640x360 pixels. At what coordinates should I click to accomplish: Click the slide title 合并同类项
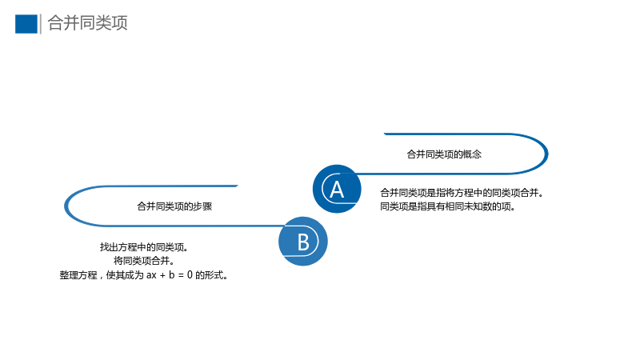[x=88, y=23]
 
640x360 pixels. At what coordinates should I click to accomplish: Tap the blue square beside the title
[x=26, y=24]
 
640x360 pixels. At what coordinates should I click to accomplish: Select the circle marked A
[x=337, y=189]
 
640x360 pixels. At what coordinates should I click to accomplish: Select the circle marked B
[x=303, y=242]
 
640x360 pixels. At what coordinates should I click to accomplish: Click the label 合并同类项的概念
[x=444, y=154]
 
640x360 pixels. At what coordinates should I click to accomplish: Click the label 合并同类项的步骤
[x=174, y=206]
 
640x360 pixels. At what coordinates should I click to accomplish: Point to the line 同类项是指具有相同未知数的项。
[x=448, y=206]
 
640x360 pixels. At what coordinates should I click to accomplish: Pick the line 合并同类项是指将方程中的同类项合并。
[x=462, y=193]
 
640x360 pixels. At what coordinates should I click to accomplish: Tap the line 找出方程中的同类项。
[x=144, y=247]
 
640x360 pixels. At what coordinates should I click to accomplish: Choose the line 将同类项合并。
[x=144, y=261]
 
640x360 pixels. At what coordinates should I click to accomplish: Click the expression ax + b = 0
[x=170, y=275]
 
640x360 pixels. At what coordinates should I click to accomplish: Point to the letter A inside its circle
[x=337, y=190]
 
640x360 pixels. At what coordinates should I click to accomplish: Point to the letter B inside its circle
[x=303, y=242]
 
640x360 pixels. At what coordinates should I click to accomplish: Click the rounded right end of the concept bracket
[x=546, y=154]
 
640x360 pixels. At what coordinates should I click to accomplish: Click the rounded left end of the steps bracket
[x=66, y=206]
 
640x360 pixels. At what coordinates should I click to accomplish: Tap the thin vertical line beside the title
[x=41, y=24]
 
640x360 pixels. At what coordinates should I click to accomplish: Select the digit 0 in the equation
[x=190, y=275]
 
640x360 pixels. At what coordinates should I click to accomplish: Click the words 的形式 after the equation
[x=209, y=275]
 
